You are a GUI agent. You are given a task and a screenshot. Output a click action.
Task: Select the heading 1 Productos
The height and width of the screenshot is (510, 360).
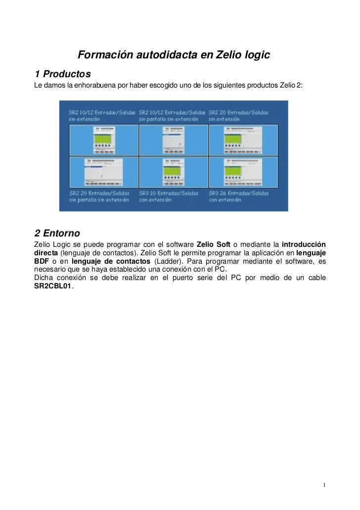click(x=63, y=74)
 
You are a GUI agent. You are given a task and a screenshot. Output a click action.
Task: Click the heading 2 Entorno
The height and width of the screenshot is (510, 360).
click(x=57, y=232)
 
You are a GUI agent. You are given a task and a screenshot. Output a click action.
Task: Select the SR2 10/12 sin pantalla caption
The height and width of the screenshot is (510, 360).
click(x=172, y=116)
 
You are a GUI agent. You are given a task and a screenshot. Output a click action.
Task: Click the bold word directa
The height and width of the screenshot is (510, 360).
click(x=45, y=253)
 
